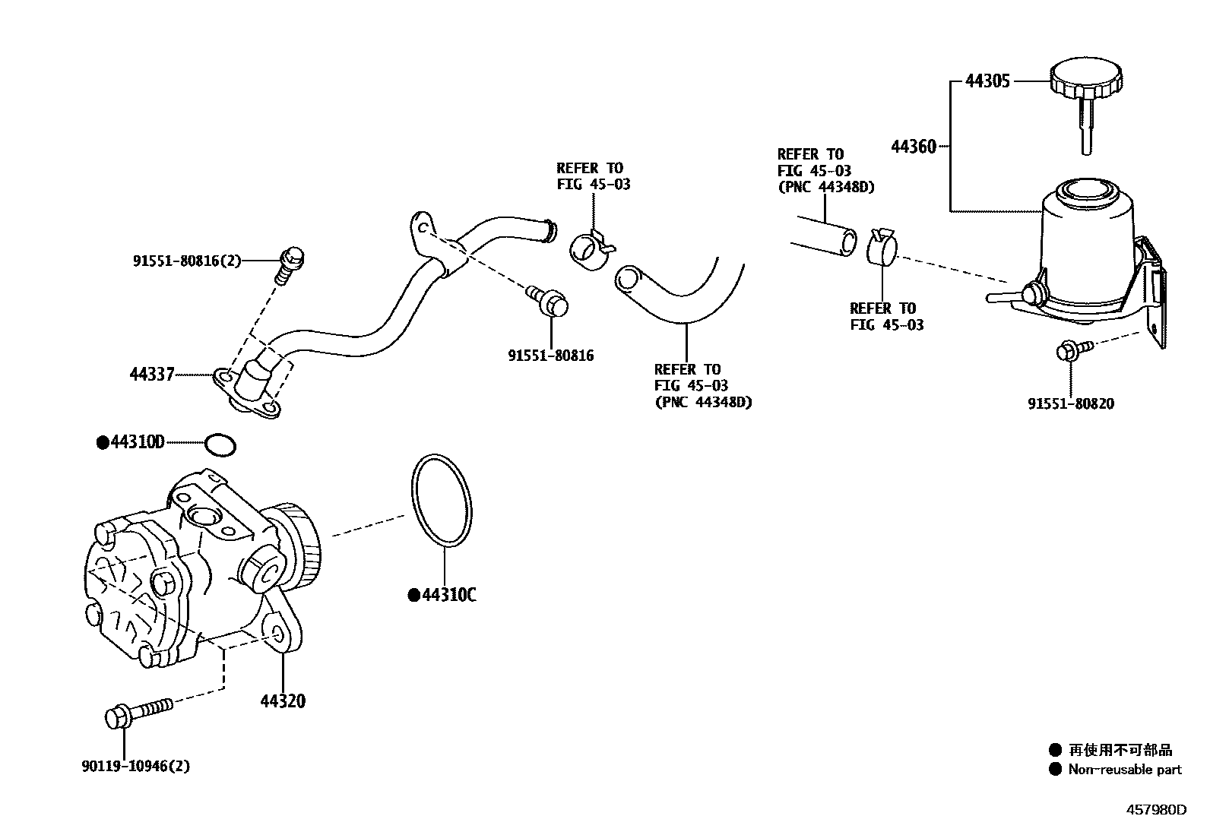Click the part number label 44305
[987, 81]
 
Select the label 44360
[913, 147]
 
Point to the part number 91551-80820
[1071, 404]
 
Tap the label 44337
[152, 374]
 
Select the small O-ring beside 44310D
[220, 445]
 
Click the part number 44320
[283, 701]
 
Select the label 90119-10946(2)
[135, 766]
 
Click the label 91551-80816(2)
[187, 261]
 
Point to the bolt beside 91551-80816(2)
[291, 262]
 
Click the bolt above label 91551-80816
[551, 302]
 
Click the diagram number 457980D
[1155, 810]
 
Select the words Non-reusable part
[1124, 770]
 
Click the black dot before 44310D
[103, 442]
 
